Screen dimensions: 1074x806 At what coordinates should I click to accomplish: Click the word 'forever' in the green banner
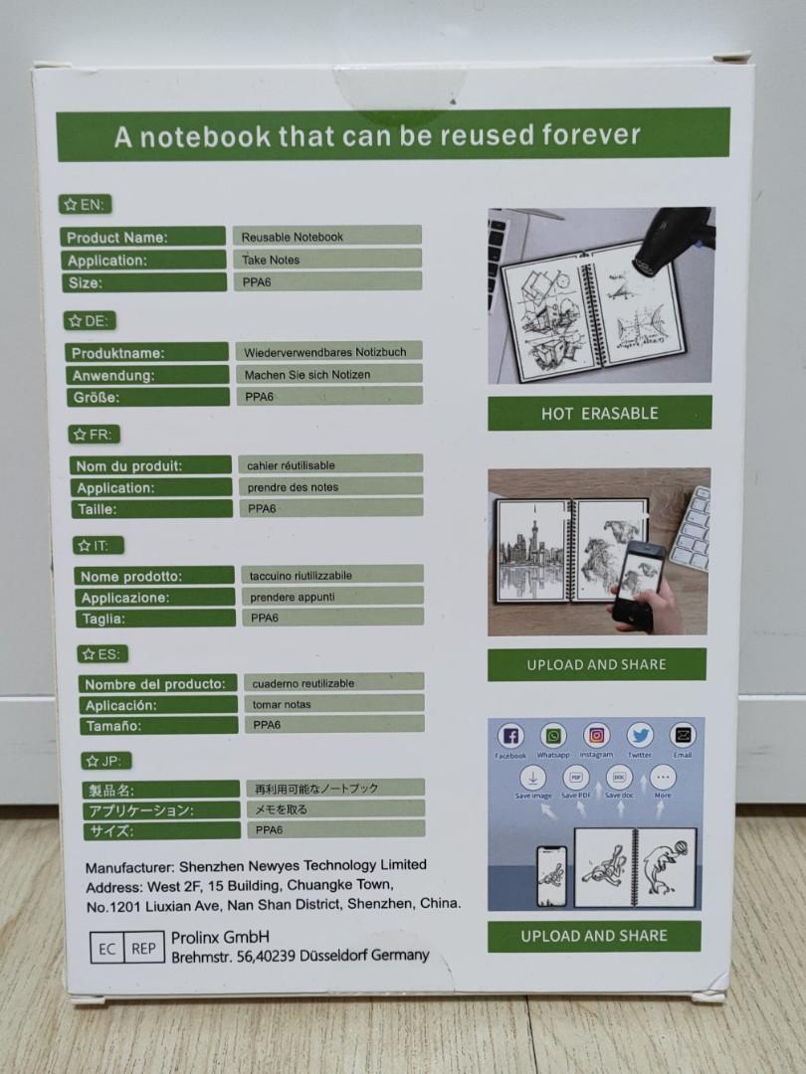point(581,134)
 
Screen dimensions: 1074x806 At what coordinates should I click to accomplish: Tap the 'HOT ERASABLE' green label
point(599,414)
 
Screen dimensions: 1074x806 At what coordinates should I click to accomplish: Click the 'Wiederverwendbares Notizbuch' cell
point(332,352)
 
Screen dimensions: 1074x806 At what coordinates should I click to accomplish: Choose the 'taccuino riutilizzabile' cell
point(332,575)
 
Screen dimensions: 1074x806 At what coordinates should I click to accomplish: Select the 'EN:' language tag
point(86,205)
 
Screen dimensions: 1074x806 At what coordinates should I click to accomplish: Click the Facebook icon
point(510,737)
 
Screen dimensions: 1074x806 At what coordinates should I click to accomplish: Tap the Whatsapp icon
point(553,736)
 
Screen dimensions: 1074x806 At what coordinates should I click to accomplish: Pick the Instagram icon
point(596,736)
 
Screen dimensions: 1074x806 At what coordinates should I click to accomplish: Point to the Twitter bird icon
point(640,736)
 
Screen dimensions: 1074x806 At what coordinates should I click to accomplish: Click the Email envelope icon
point(682,736)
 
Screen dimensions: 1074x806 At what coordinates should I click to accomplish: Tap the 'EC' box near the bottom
point(106,948)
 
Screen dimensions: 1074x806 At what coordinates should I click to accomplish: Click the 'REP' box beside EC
point(143,948)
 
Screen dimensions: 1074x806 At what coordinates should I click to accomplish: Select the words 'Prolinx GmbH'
point(220,938)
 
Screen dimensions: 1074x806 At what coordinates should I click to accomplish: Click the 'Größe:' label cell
point(147,397)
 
